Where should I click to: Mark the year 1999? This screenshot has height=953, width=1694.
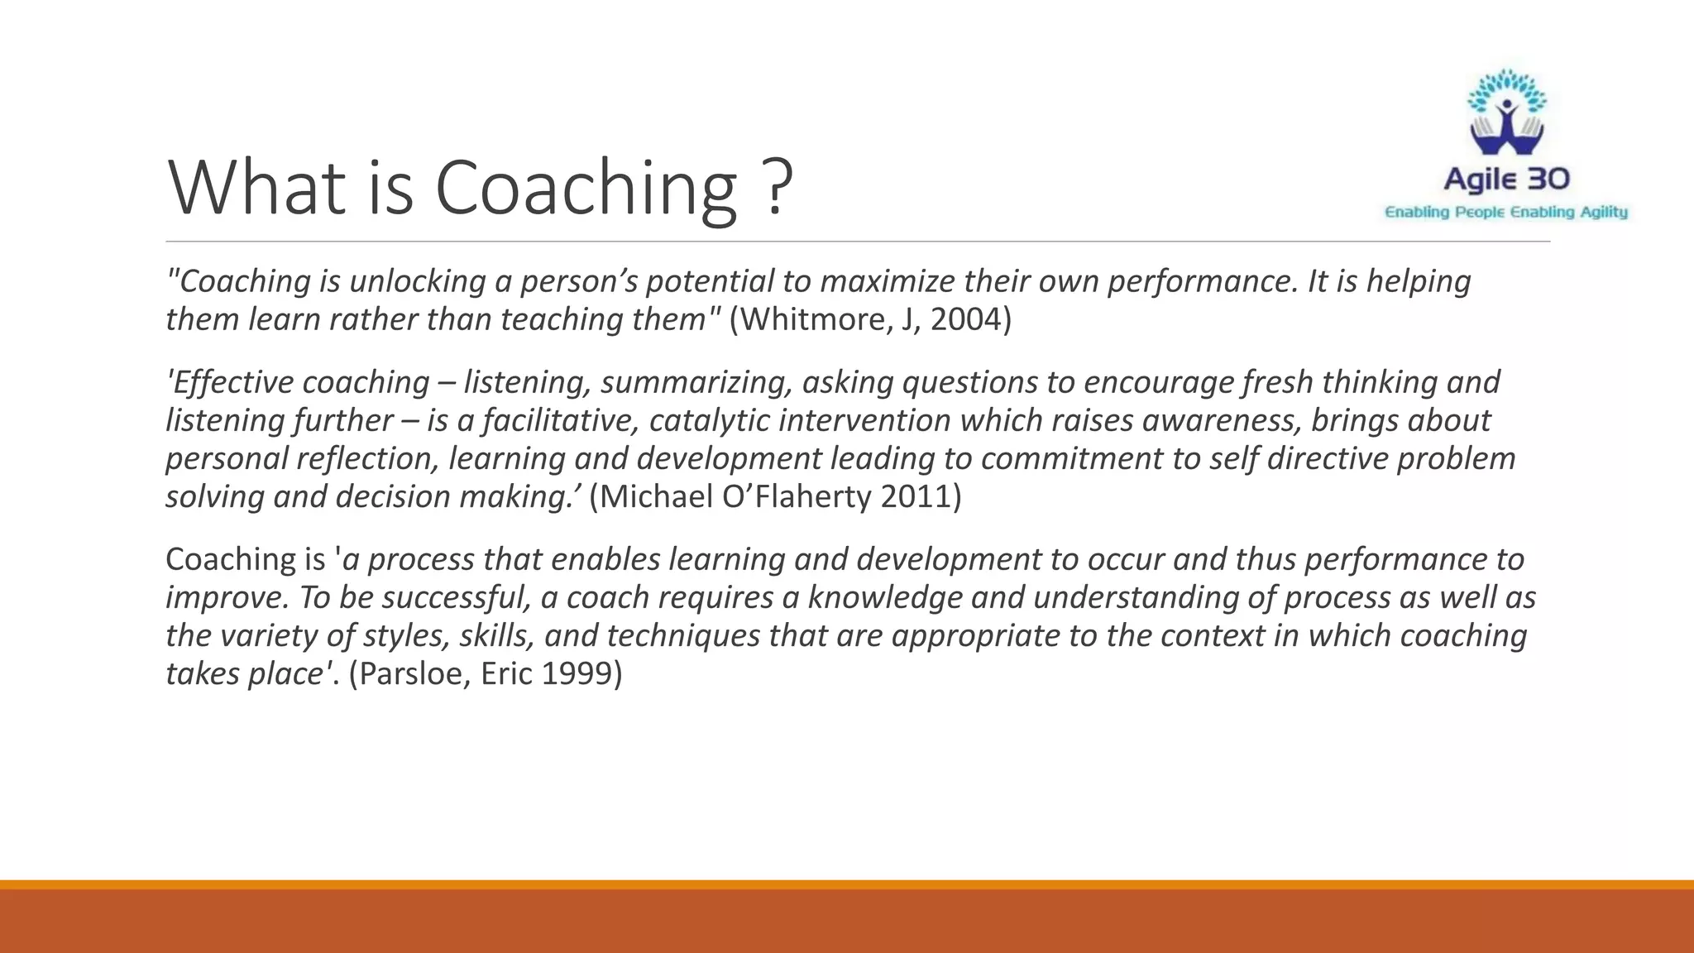tap(575, 673)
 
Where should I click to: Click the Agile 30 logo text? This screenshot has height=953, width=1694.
tap(1506, 179)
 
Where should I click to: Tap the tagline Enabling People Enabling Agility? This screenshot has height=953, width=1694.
tap(1506, 213)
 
